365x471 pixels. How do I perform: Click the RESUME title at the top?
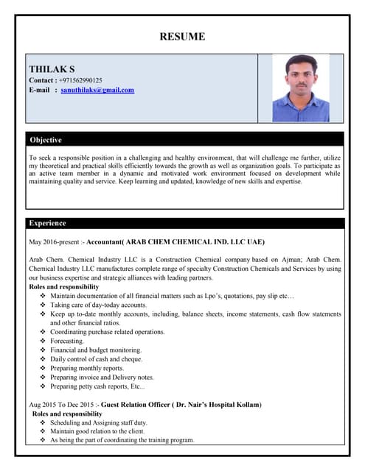[182, 37]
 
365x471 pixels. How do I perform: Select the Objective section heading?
[46, 140]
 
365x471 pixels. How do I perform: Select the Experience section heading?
[47, 223]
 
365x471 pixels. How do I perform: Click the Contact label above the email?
[43, 80]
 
